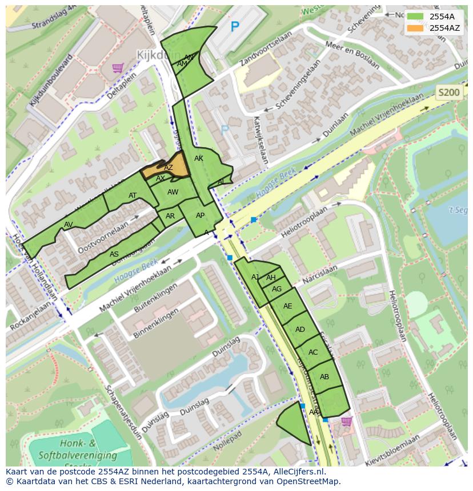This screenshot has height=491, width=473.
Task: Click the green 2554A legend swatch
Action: tap(415, 17)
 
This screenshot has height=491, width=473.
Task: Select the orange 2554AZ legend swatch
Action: tap(415, 28)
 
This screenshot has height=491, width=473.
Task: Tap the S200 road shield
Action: tap(448, 92)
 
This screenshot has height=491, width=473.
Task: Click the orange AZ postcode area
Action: tap(168, 168)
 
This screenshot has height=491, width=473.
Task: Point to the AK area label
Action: tap(199, 159)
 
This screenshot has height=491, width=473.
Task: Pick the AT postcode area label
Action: tap(133, 196)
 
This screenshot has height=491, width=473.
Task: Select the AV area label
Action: tap(69, 224)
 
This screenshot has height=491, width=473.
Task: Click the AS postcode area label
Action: tap(114, 254)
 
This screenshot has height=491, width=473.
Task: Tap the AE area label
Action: tap(288, 306)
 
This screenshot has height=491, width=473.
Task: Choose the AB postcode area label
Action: tap(324, 377)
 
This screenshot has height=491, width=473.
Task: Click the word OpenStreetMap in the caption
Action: tap(306, 481)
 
